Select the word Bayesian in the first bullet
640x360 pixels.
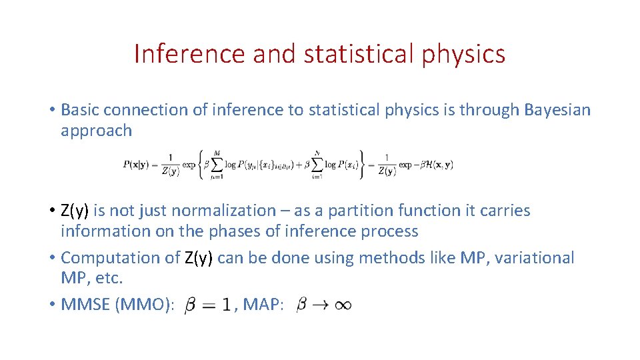click(557, 110)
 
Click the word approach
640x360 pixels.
click(96, 131)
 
